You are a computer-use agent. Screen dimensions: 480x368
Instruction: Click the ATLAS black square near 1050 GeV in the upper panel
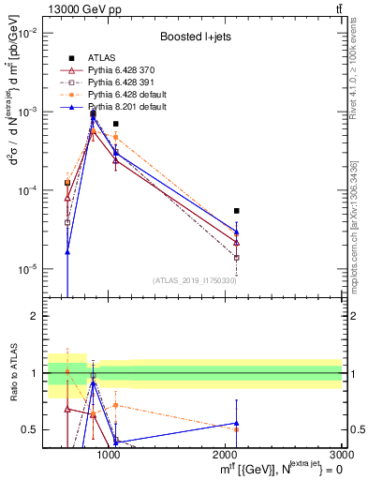(115, 124)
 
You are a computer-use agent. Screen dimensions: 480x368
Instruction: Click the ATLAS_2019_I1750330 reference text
(195, 280)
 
